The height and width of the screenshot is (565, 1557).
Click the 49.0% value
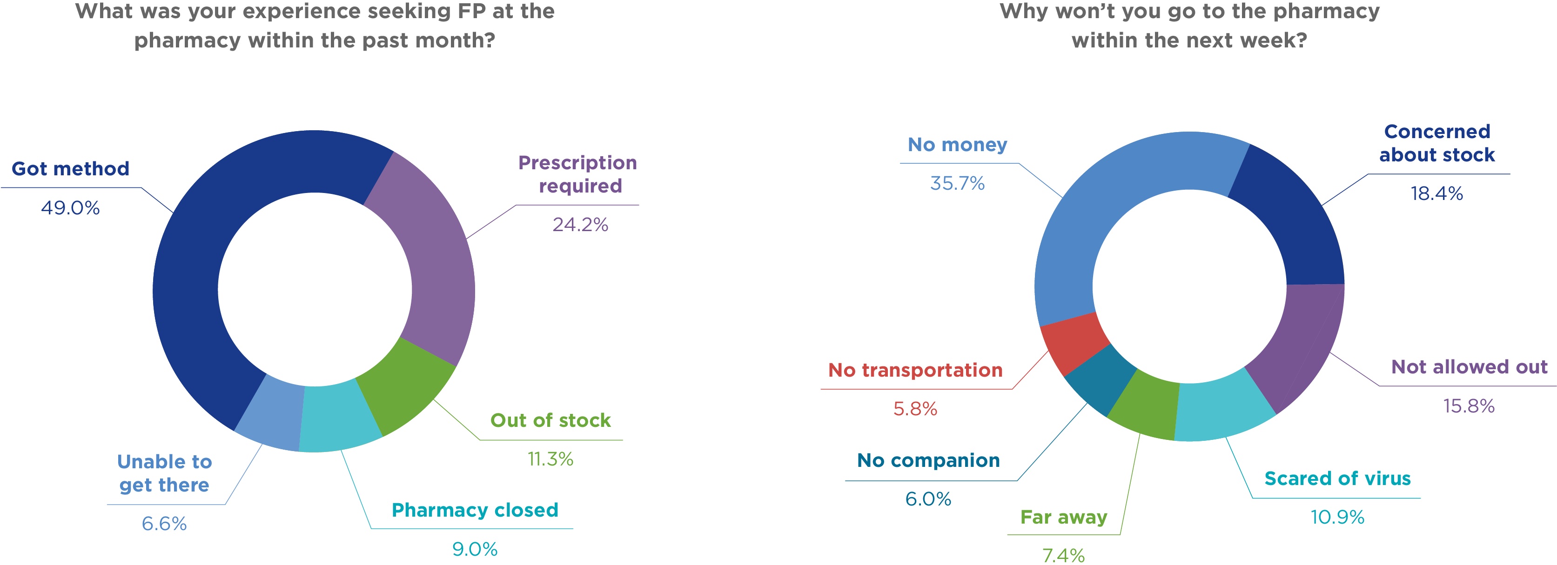(70, 208)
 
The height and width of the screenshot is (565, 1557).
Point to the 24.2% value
(580, 225)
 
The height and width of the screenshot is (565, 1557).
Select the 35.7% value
(957, 183)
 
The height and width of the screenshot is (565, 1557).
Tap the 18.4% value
(1437, 193)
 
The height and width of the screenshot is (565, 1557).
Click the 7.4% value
(1063, 555)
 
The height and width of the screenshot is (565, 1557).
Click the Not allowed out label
(1470, 367)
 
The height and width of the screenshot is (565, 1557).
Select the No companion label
(928, 460)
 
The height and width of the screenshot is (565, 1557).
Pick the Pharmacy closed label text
(475, 510)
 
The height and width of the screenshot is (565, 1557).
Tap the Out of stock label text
(550, 420)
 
